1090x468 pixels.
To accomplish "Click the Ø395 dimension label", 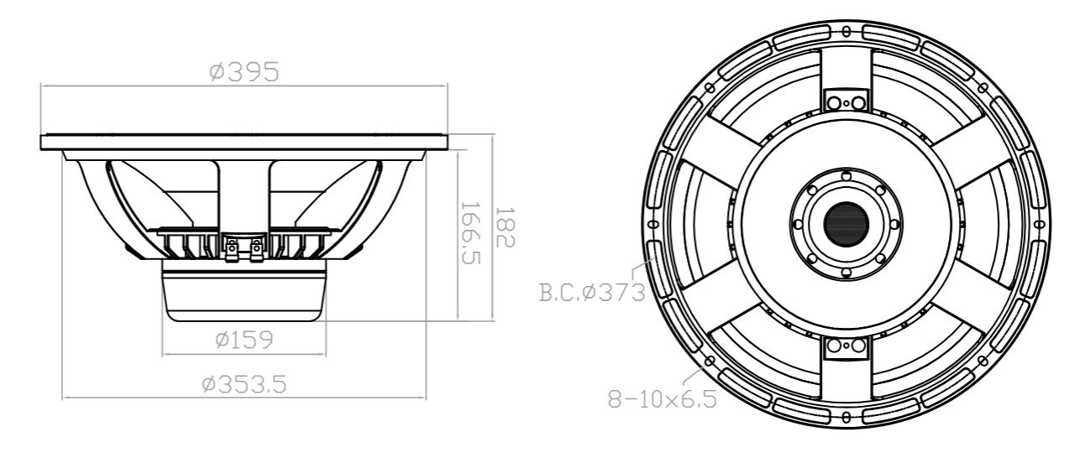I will click(x=244, y=73).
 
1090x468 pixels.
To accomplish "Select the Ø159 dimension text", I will click(x=244, y=340).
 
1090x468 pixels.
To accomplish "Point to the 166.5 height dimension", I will click(x=473, y=234).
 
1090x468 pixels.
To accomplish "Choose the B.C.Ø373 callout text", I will click(x=591, y=293).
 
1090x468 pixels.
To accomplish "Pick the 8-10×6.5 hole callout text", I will click(x=663, y=399).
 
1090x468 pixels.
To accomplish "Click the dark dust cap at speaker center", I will click(x=845, y=223).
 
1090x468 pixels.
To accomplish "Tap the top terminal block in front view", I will click(x=845, y=101).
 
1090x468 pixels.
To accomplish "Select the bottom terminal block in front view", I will click(x=845, y=346).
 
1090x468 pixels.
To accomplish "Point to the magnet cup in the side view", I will click(x=244, y=294).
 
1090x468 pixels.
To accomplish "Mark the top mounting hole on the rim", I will click(x=846, y=31).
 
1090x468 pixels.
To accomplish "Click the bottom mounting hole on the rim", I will click(x=846, y=417).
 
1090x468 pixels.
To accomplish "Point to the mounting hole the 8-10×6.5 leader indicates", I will click(x=710, y=361).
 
